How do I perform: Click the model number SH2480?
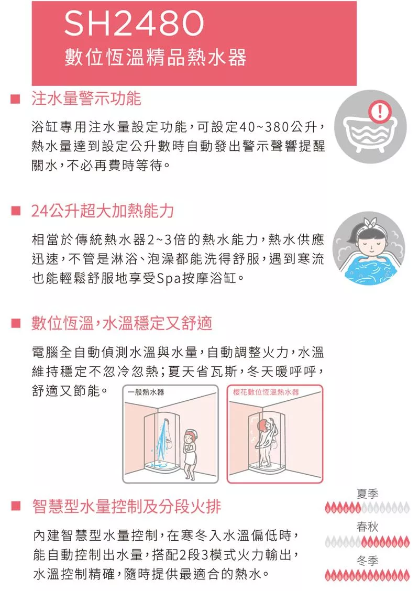134,24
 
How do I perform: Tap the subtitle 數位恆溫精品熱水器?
155,57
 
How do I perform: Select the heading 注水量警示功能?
86,98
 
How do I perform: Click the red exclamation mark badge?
380,111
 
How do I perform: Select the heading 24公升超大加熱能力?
103,210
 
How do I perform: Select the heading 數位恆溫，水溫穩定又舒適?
122,323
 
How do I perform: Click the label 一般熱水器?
146,392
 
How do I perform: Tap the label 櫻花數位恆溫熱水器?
266,392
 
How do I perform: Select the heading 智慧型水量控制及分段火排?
127,506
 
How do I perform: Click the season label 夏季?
367,494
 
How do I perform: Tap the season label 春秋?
367,527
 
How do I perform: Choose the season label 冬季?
367,561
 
